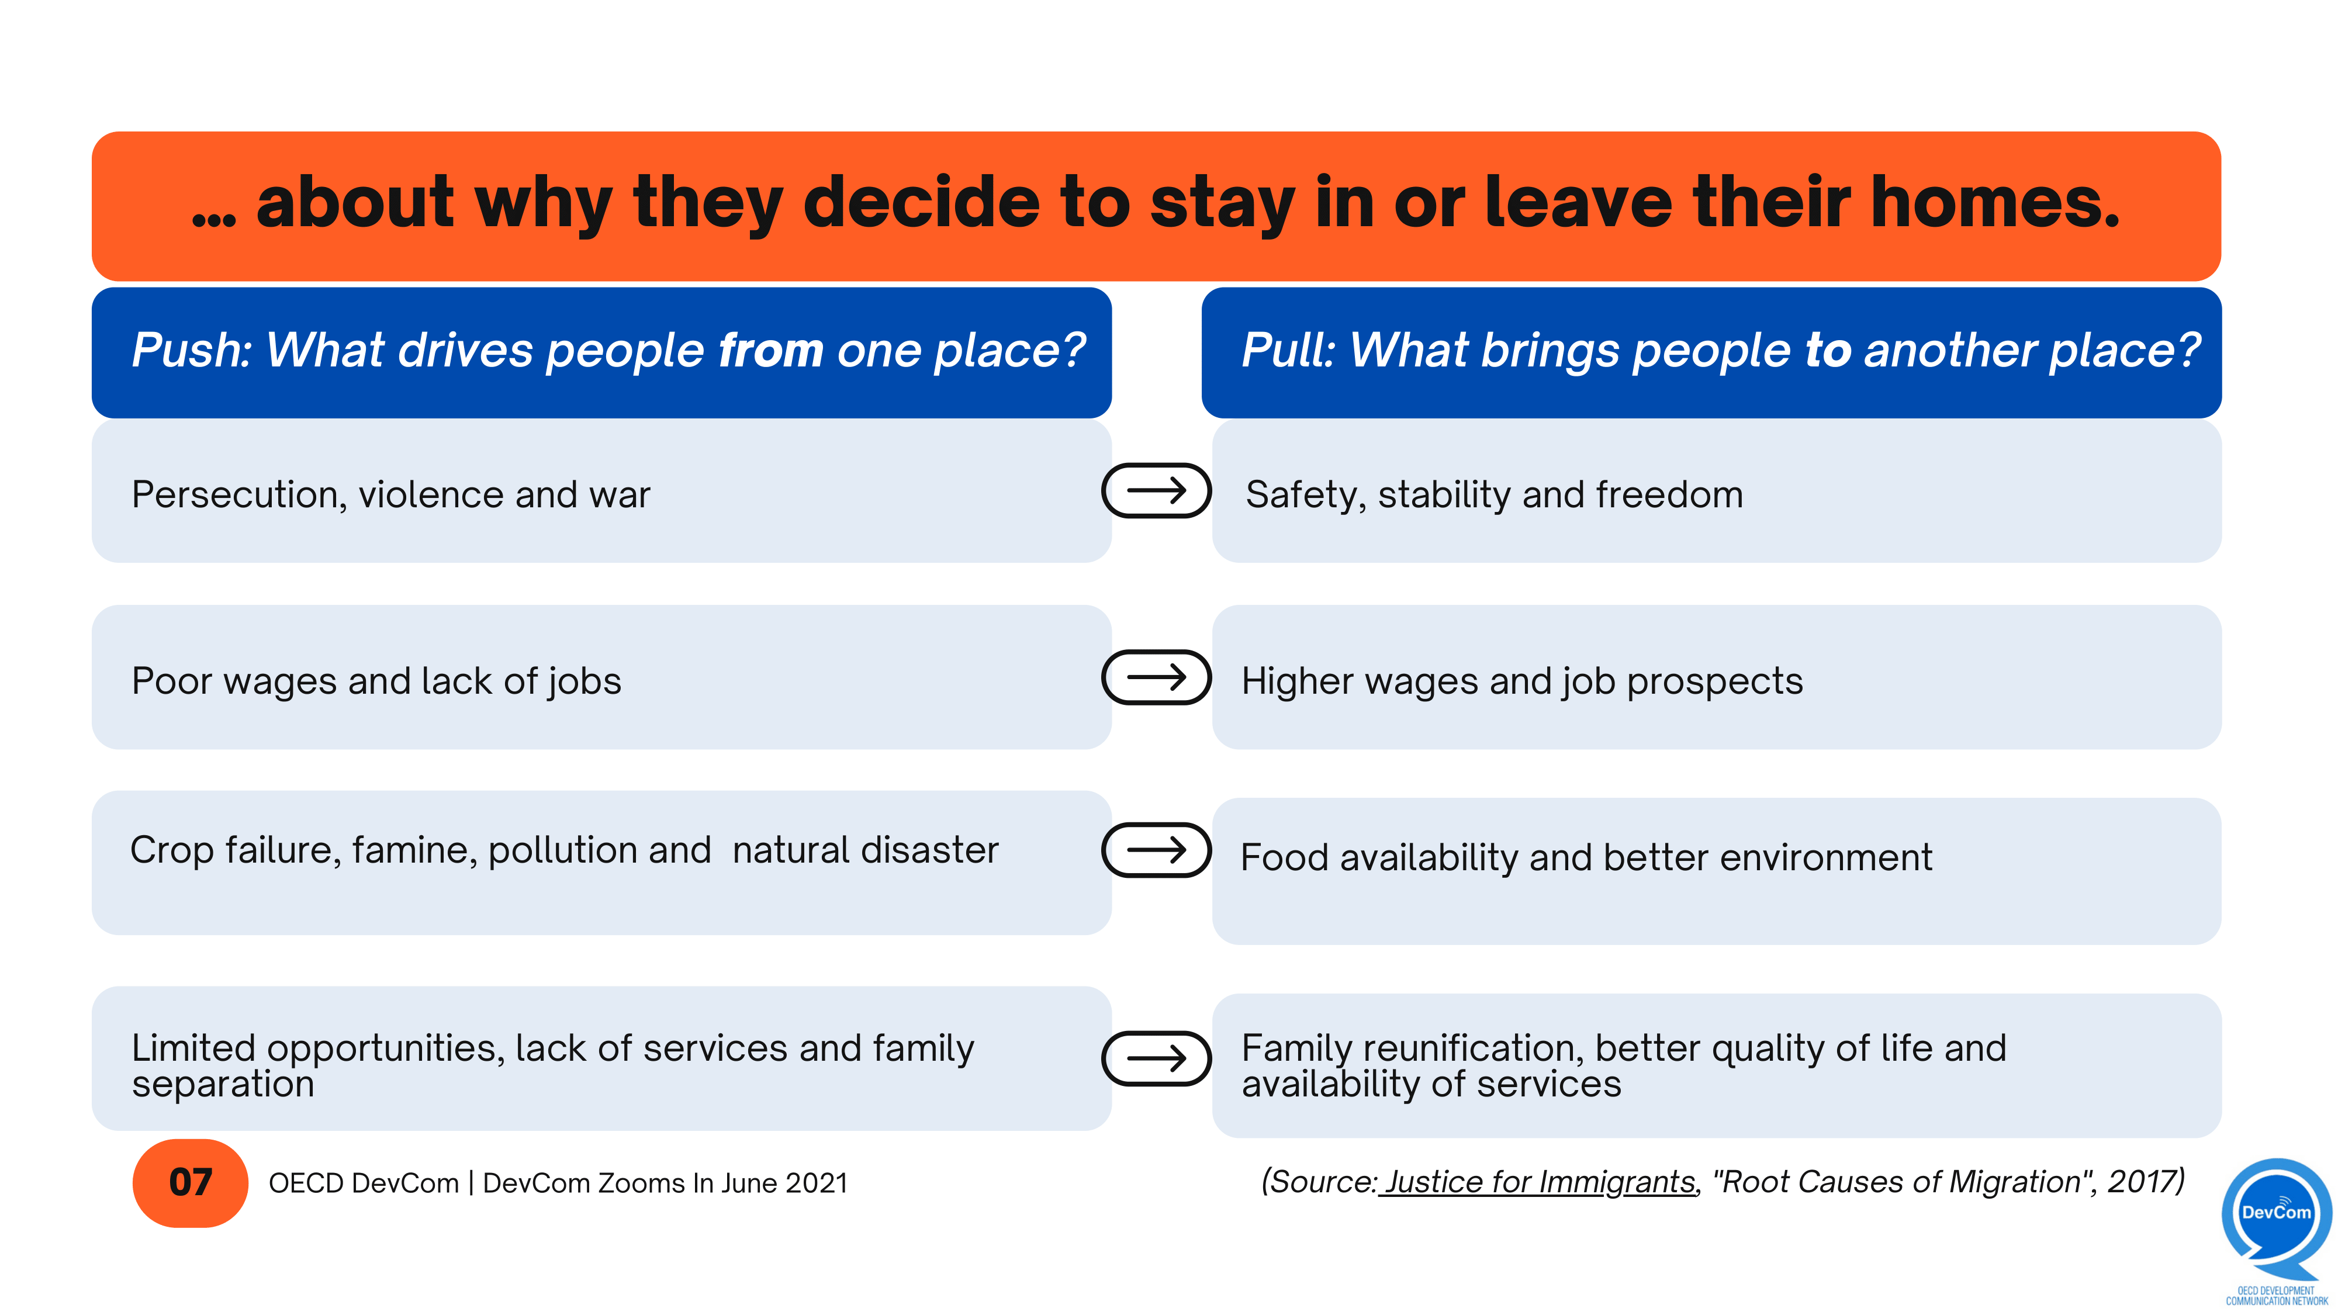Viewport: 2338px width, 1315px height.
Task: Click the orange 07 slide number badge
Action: pos(190,1182)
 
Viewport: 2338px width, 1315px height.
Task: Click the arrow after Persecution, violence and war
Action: pos(1156,491)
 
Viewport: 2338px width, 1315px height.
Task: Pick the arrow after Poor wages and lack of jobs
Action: pos(1156,677)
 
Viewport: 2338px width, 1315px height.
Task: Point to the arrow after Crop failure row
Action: pos(1156,849)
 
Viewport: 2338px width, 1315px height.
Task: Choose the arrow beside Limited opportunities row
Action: pos(1156,1058)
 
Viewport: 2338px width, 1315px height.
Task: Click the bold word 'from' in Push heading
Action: pos(770,350)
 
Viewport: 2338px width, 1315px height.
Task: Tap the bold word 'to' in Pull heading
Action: pos(1828,350)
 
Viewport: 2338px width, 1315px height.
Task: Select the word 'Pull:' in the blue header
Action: pos(1288,350)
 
